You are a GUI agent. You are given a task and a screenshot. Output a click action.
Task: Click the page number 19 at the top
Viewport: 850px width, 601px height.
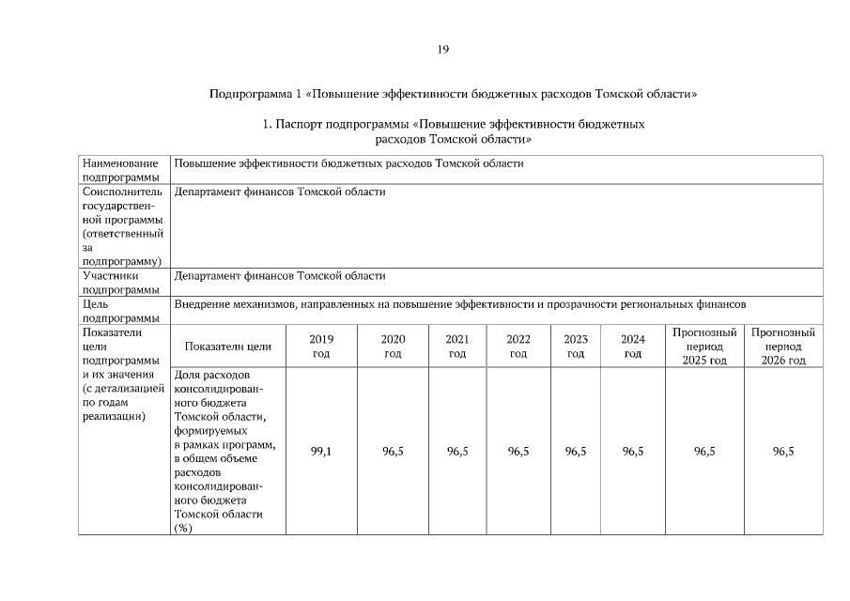tap(443, 49)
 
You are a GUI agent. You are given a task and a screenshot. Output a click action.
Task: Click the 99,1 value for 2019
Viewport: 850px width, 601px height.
tap(321, 452)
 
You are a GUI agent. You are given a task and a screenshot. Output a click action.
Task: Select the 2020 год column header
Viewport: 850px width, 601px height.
tap(393, 347)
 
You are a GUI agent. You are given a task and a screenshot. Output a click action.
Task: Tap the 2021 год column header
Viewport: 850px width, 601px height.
tap(457, 347)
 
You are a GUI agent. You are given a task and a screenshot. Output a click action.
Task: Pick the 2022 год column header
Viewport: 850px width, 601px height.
tap(518, 347)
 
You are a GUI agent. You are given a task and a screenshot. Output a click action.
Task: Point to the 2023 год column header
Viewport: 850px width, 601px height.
tap(576, 347)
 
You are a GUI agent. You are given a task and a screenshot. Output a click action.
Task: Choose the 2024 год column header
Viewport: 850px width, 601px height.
tap(633, 347)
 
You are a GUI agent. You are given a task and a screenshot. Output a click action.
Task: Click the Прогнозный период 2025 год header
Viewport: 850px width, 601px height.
tap(704, 347)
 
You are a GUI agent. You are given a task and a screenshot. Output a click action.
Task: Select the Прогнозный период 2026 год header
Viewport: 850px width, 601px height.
tap(783, 347)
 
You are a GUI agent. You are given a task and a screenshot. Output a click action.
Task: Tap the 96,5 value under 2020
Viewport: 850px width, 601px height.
tap(393, 452)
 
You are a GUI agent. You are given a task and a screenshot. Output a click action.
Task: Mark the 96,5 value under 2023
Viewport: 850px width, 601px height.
tap(576, 452)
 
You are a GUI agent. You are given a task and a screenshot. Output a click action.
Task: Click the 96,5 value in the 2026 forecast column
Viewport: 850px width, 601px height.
tap(783, 452)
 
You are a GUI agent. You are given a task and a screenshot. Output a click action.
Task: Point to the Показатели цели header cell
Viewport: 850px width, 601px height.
tap(228, 347)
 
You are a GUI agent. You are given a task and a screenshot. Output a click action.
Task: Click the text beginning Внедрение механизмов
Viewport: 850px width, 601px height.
tap(460, 305)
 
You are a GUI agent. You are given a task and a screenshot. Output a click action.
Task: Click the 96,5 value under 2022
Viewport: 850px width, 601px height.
tap(518, 452)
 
